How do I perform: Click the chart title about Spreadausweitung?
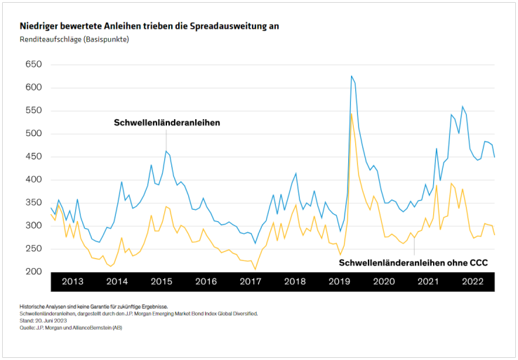pyautogui.click(x=150, y=26)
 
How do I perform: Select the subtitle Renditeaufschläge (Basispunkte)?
pyautogui.click(x=74, y=39)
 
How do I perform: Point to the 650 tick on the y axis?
pyautogui.click(x=33, y=65)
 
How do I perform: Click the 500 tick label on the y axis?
pyautogui.click(x=33, y=133)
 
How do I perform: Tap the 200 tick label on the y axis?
pyautogui.click(x=33, y=272)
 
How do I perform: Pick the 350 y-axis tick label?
pyautogui.click(x=33, y=203)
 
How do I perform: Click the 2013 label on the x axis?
pyautogui.click(x=73, y=281)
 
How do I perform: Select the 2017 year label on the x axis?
pyautogui.click(x=251, y=281)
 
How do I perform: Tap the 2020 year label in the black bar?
pyautogui.click(x=384, y=281)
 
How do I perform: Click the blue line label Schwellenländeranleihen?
pyautogui.click(x=167, y=123)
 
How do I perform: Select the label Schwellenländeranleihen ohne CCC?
pyautogui.click(x=413, y=262)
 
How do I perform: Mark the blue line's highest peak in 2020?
pyautogui.click(x=351, y=76)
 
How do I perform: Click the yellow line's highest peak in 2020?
pyautogui.click(x=351, y=113)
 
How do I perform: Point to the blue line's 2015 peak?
pyautogui.click(x=166, y=151)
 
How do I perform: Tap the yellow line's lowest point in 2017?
pyautogui.click(x=255, y=269)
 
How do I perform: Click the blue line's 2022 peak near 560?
pyautogui.click(x=463, y=107)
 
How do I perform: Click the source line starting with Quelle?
pyautogui.click(x=71, y=327)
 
